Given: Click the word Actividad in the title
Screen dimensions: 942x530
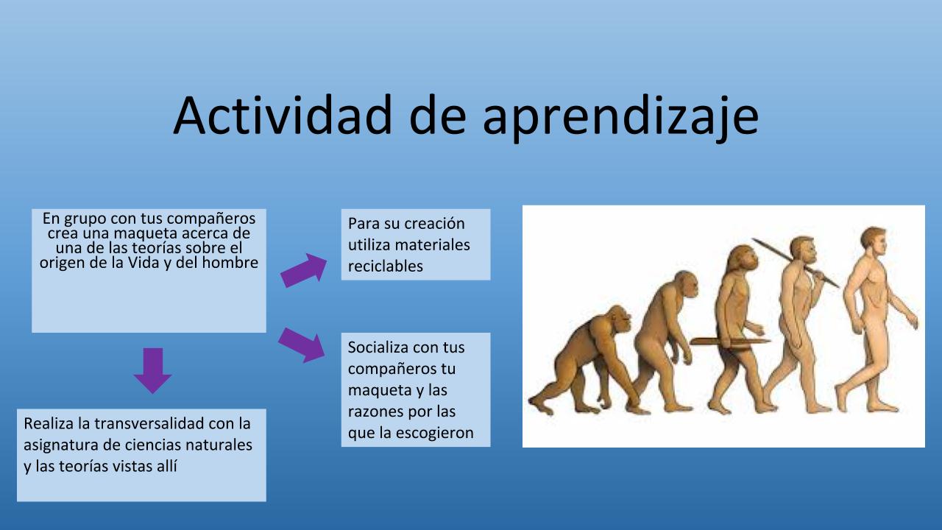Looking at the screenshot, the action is [283, 115].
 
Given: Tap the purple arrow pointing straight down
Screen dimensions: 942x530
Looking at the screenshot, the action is [152, 370].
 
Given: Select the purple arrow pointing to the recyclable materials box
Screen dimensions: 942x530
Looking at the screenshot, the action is [304, 270].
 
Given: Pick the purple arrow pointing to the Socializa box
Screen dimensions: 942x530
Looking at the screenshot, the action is [302, 345].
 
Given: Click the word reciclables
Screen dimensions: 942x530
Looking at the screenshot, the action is [385, 266].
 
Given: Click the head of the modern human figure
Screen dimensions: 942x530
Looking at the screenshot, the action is [874, 242].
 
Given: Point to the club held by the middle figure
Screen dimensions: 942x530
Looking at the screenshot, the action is [729, 342].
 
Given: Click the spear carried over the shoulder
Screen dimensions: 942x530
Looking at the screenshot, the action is [795, 263].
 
